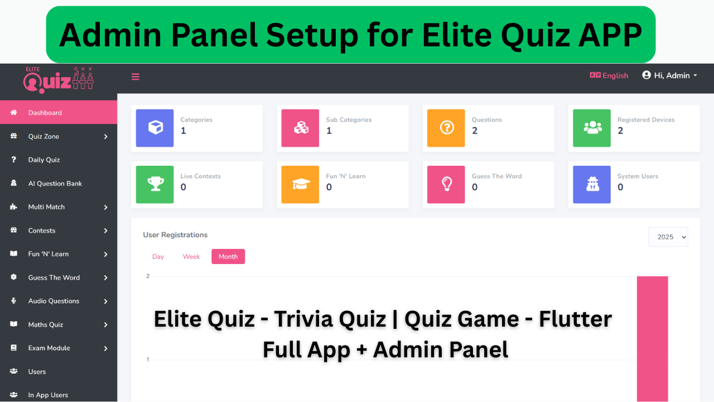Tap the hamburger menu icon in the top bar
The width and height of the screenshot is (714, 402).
[136, 76]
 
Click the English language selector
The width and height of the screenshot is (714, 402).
[609, 75]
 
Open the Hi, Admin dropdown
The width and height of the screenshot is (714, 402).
[669, 75]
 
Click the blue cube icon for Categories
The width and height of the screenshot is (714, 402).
[155, 128]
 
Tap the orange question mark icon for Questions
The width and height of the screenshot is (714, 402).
[446, 128]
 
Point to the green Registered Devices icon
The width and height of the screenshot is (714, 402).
[592, 128]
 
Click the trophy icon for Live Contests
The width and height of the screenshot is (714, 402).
[155, 184]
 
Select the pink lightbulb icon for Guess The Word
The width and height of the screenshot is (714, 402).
[446, 184]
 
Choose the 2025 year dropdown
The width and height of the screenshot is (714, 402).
[668, 237]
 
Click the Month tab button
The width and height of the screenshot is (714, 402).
[228, 256]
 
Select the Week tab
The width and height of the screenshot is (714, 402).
[191, 256]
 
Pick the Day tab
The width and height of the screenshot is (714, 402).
[158, 256]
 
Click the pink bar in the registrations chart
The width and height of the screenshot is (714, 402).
[653, 339]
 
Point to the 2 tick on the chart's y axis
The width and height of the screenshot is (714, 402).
[148, 276]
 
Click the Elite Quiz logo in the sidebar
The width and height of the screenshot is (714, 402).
[59, 80]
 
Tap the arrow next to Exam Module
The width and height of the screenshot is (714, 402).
[106, 348]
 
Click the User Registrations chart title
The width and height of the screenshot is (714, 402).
[175, 235]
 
